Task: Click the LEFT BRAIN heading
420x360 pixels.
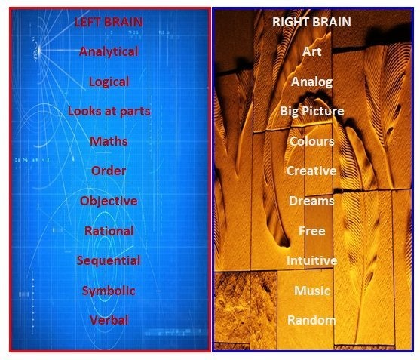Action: [109, 22]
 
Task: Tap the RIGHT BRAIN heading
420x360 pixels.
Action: [311, 22]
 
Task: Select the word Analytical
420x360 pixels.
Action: [109, 51]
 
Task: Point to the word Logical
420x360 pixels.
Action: [109, 82]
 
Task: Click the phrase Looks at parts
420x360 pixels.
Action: [109, 112]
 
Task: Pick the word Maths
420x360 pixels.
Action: [109, 141]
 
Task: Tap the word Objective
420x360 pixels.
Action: [109, 201]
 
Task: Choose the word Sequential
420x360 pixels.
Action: [109, 261]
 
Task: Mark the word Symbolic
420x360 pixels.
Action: [109, 291]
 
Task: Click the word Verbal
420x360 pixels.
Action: [109, 320]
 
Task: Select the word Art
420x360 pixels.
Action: [311, 51]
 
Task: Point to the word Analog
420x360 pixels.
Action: [311, 82]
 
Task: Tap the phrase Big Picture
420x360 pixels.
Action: [311, 112]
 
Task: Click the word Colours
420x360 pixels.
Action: [311, 141]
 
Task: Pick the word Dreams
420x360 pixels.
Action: [311, 201]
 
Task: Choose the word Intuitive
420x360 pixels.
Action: [311, 260]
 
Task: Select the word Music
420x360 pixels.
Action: [311, 291]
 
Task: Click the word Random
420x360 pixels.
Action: [311, 320]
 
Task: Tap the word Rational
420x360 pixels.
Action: [109, 231]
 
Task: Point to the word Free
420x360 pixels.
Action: [311, 231]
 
